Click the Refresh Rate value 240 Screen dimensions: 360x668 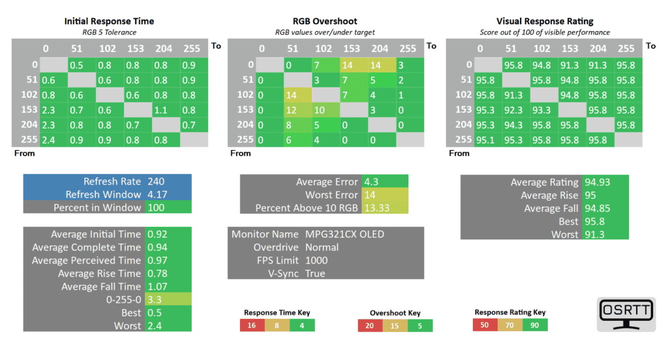[x=157, y=182]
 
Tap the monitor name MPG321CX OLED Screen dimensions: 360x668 [x=344, y=234]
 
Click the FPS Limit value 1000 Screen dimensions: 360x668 [x=316, y=260]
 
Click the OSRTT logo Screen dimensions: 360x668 [x=626, y=314]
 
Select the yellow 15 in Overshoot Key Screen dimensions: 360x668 [x=395, y=325]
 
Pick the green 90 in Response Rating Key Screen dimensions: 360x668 [x=535, y=324]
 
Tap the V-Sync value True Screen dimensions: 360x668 [x=316, y=273]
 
